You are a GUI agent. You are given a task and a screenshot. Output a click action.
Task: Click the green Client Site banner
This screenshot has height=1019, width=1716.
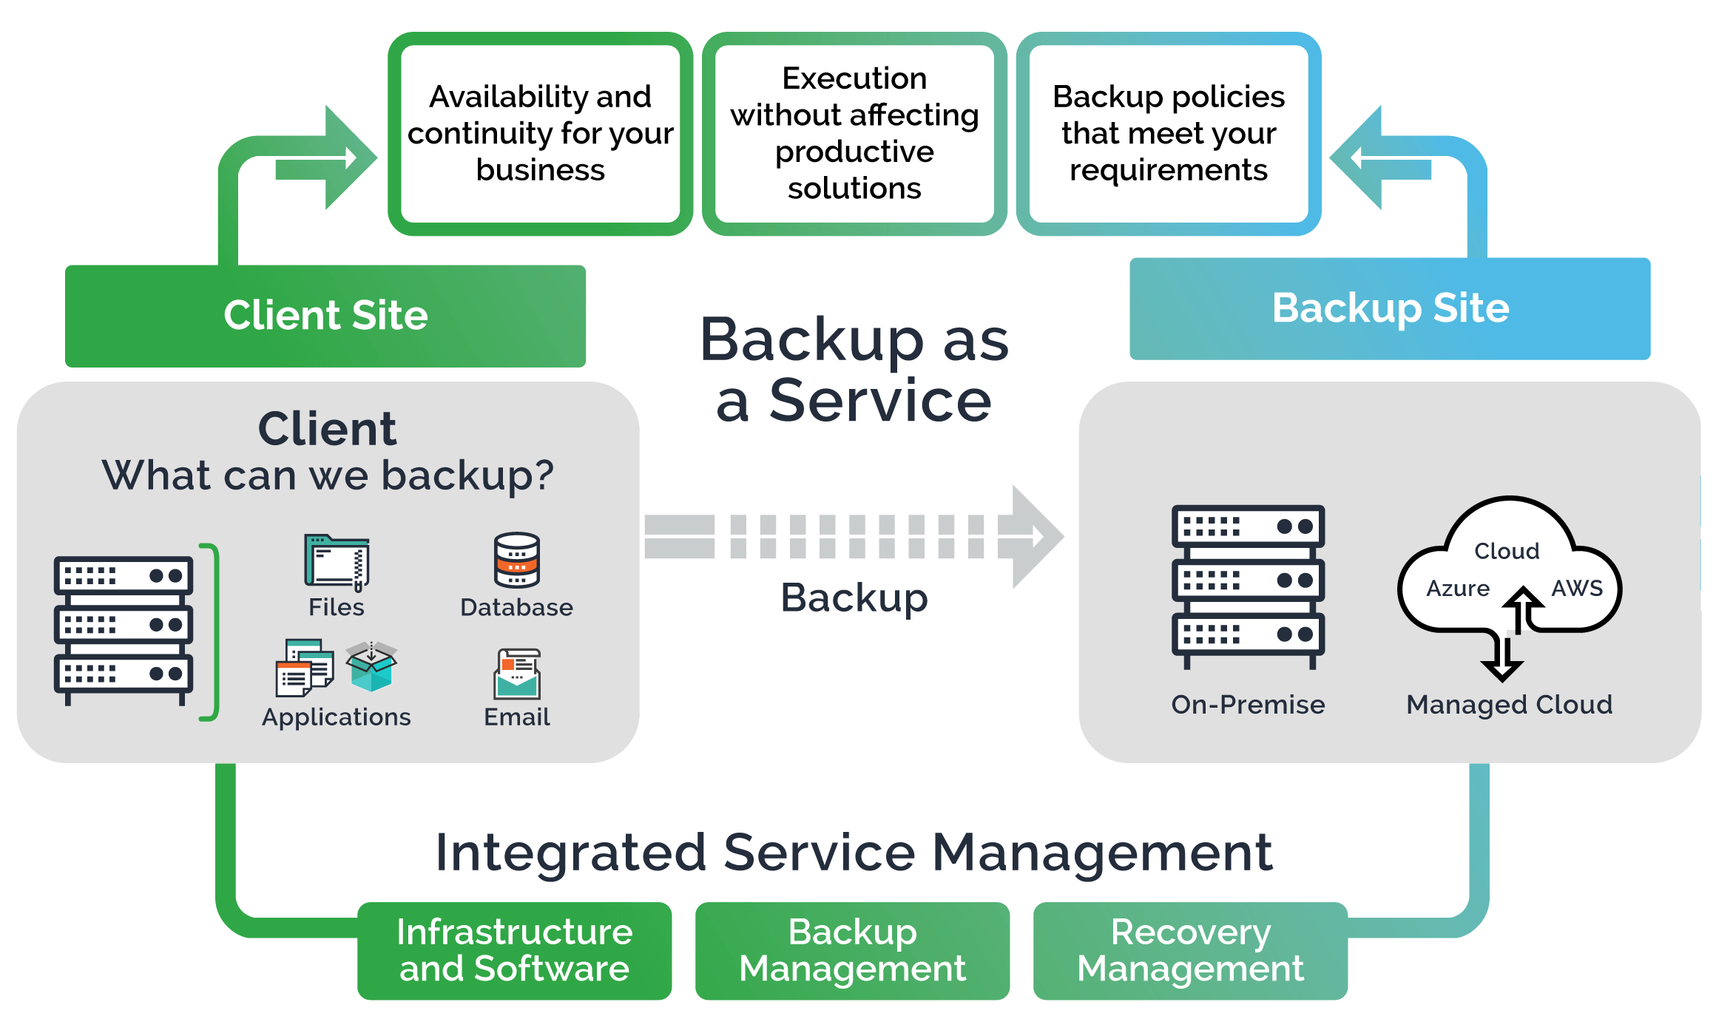[x=325, y=316]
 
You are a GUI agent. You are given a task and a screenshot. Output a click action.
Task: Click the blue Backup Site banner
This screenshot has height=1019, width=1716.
[x=1390, y=308]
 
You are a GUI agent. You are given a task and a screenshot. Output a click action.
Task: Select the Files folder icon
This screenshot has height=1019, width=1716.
[x=337, y=563]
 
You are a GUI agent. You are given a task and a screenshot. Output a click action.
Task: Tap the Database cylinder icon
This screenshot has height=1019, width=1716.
[x=517, y=560]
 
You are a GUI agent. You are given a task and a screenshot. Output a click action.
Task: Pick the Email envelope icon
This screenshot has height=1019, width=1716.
[x=517, y=674]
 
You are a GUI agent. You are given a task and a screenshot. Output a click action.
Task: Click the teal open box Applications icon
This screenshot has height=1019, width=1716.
[x=371, y=666]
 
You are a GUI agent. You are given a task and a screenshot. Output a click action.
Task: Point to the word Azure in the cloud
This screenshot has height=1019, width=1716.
[x=1457, y=589]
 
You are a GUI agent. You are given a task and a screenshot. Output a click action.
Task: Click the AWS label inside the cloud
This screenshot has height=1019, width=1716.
[x=1576, y=589]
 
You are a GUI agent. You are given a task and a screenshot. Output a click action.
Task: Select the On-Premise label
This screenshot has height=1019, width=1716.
[x=1248, y=705]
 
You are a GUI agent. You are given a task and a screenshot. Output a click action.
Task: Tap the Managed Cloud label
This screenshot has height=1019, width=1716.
[x=1509, y=705]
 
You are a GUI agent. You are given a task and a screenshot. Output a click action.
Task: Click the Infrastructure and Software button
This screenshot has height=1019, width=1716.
[x=514, y=950]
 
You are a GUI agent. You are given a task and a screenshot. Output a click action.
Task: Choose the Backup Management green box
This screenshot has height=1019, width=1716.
[x=852, y=950]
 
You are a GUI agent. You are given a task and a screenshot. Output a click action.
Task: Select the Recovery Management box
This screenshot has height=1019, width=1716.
[x=1190, y=950]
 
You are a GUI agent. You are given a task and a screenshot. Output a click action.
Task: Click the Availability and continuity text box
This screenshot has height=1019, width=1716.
[x=540, y=134]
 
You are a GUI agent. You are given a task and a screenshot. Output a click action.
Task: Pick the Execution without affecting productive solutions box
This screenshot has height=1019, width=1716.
[x=854, y=134]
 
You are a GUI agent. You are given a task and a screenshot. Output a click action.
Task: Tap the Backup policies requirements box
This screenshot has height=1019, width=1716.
[x=1169, y=134]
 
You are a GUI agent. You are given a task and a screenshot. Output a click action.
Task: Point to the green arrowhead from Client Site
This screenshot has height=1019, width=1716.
[x=348, y=158]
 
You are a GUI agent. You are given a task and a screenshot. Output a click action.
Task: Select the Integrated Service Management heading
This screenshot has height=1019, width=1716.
[x=854, y=853]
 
